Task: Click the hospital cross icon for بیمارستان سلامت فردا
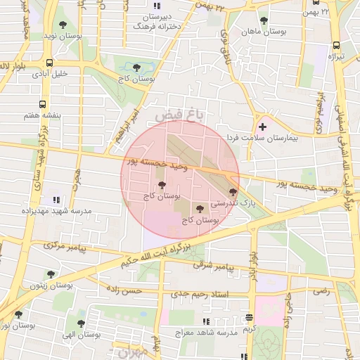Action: coord(263,127)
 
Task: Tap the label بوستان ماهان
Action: coord(262,32)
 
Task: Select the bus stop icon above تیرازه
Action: coord(335,46)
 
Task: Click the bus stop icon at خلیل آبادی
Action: coord(44,62)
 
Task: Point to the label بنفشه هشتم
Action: coord(48,115)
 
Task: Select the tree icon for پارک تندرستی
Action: coord(233,191)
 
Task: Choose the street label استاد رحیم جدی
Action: coord(214,293)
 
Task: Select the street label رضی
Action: coord(321,289)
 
